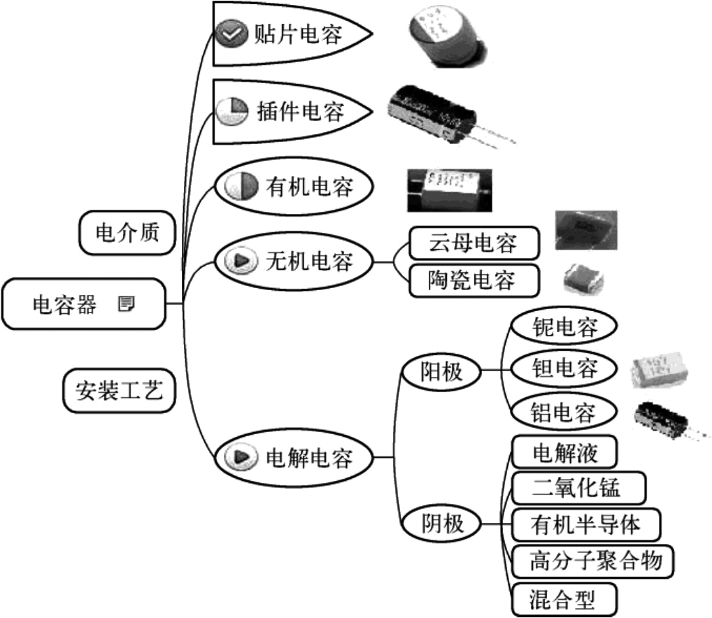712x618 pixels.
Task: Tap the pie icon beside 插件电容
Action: pyautogui.click(x=232, y=111)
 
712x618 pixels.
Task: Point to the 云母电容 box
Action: pyautogui.click(x=474, y=243)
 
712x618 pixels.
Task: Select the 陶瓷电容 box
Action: pyautogui.click(x=474, y=280)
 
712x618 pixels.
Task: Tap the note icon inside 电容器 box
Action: pyautogui.click(x=126, y=304)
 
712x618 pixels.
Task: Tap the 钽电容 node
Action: pyautogui.click(x=564, y=368)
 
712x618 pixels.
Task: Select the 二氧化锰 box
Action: pyautogui.click(x=576, y=487)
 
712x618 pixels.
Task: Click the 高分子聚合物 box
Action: pyautogui.click(x=592, y=560)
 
